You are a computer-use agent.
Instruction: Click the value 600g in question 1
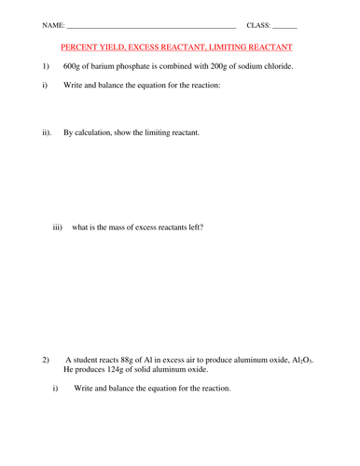pyautogui.click(x=73, y=67)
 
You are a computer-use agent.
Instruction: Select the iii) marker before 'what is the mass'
pyautogui.click(x=58, y=226)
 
